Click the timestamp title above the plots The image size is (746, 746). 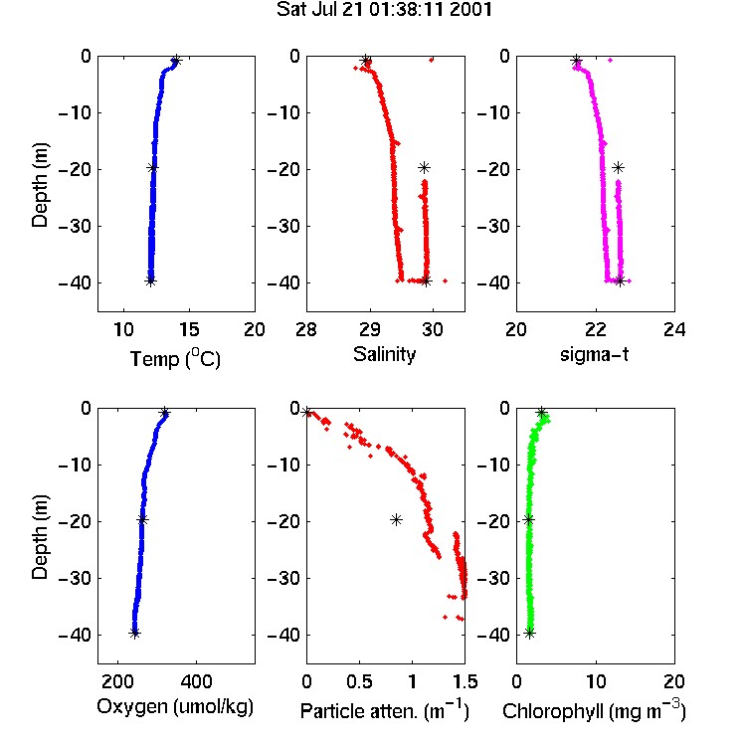(384, 10)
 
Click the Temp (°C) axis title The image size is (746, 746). (175, 358)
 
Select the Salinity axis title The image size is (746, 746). (384, 354)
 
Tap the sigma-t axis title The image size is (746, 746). (594, 354)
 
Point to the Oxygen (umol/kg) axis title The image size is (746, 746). (175, 707)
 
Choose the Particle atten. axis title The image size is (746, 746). (385, 711)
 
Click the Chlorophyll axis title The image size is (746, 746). (594, 711)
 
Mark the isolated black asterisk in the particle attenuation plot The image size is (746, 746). (396, 520)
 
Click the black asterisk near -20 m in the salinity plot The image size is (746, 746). (424, 167)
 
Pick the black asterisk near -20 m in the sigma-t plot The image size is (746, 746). (618, 167)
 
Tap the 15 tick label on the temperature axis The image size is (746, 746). (189, 329)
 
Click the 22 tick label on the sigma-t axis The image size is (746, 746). (595, 329)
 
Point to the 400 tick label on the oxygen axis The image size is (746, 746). (196, 681)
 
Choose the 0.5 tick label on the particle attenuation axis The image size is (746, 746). (359, 681)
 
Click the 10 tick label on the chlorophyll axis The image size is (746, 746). (595, 681)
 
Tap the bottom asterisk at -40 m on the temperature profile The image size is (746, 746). (150, 281)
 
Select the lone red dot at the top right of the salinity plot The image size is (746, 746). (432, 60)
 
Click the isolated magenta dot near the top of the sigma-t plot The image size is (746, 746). (611, 60)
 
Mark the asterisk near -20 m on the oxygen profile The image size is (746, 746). (142, 519)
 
